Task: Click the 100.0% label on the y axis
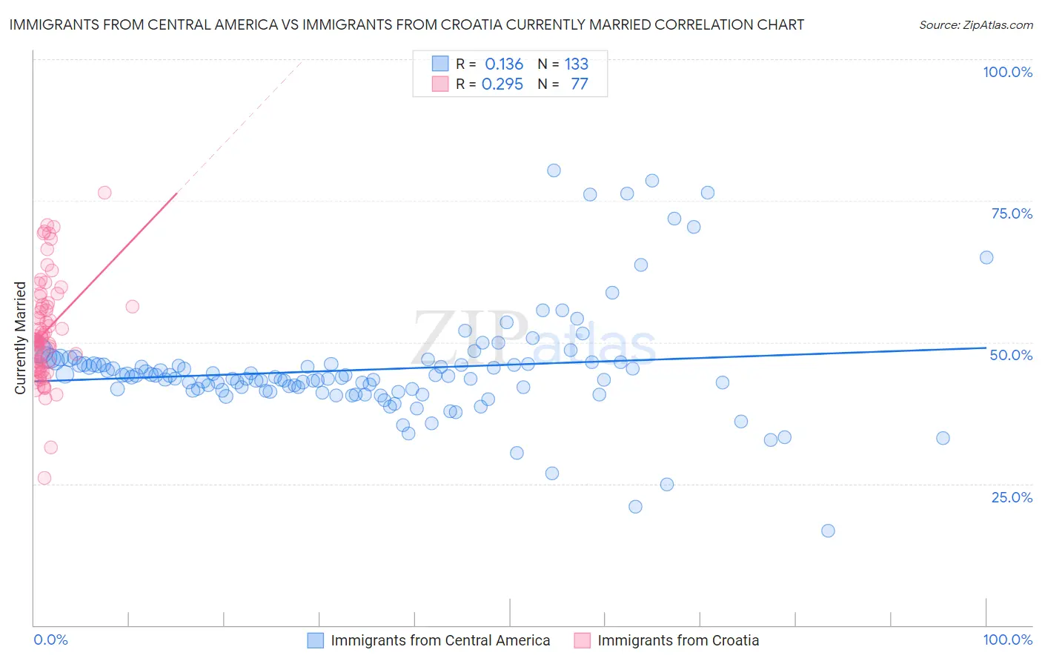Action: [1007, 72]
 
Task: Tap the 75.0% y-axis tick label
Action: [1012, 213]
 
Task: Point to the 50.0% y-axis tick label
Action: [1011, 355]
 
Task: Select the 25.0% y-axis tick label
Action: [1012, 497]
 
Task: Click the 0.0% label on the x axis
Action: [50, 640]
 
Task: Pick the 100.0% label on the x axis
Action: [1007, 640]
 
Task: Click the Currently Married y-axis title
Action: [20, 338]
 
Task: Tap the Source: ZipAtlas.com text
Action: [975, 25]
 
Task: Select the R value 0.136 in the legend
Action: [504, 64]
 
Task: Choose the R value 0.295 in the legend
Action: [502, 84]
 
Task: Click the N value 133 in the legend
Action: [576, 64]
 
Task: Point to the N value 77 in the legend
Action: [579, 84]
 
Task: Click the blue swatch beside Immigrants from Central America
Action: [316, 640]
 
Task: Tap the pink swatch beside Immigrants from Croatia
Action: [583, 640]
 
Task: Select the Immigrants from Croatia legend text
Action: [678, 640]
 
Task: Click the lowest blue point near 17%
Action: [828, 531]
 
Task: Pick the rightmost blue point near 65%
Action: [986, 257]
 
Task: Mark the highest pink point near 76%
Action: [104, 193]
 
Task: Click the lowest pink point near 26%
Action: [44, 478]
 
